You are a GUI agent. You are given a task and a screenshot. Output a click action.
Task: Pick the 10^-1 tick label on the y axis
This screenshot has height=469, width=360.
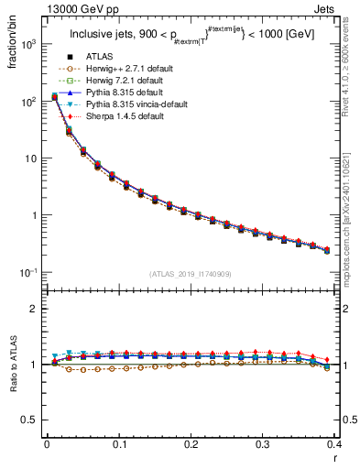[x=28, y=273]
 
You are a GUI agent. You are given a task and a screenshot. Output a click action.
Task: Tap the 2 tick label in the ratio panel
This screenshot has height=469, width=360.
[x=35, y=309]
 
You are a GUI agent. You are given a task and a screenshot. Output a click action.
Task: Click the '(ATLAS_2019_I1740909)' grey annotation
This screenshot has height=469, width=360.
[x=191, y=274]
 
